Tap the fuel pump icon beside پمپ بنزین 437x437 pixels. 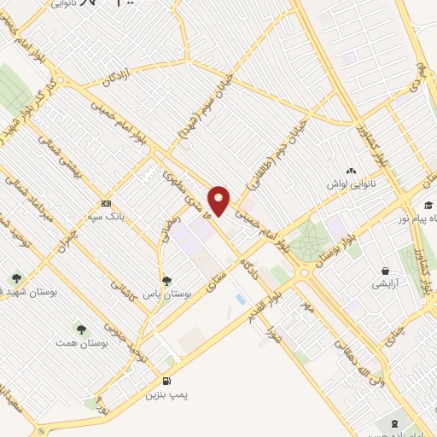click(x=166, y=381)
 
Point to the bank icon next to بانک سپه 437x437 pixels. click(x=106, y=203)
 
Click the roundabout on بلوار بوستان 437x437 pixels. click(x=305, y=272)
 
